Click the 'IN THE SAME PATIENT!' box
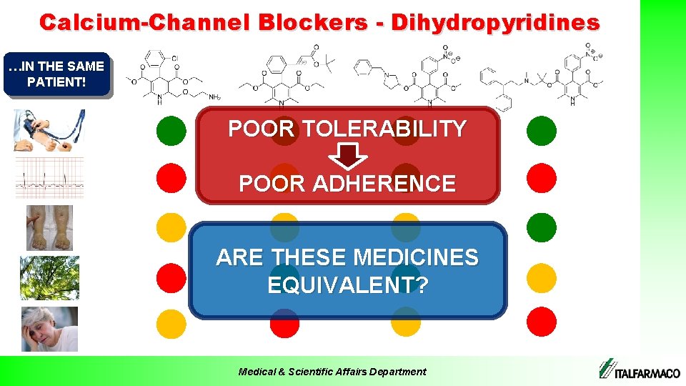click(x=56, y=74)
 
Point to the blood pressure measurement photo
click(x=49, y=130)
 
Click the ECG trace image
click(x=49, y=177)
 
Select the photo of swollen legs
click(x=49, y=228)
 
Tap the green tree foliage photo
click(x=49, y=277)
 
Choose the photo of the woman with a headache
click(x=49, y=329)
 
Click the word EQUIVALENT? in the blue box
click(x=347, y=286)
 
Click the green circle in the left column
click(x=171, y=130)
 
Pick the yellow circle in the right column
click(x=542, y=277)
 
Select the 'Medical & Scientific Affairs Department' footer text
click(x=332, y=371)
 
